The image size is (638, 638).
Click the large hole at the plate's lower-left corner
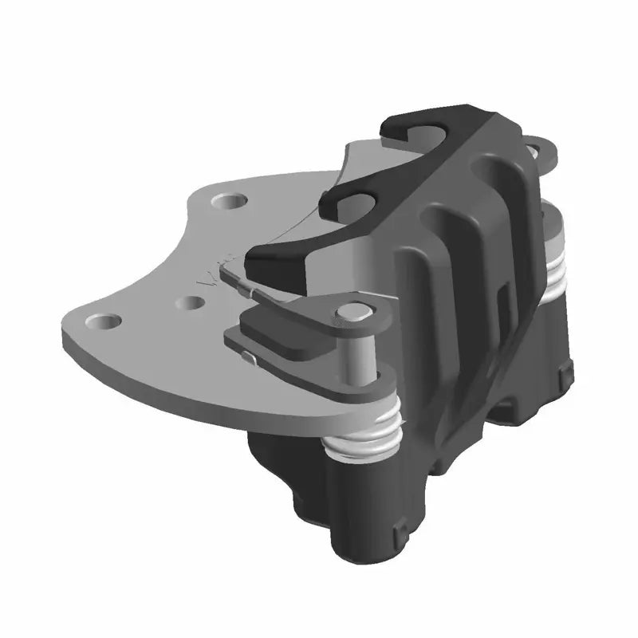(104, 321)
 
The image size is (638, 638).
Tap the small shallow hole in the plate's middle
(191, 304)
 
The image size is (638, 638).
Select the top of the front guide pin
(350, 312)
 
